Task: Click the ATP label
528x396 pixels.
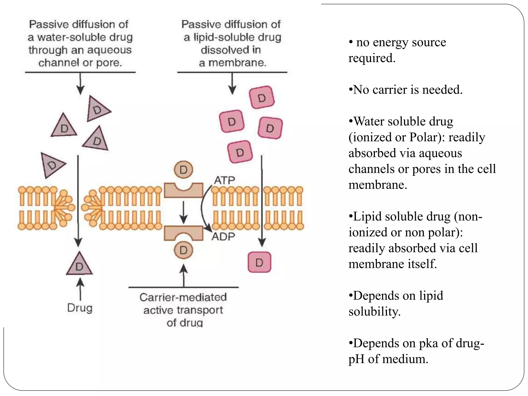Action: (x=224, y=180)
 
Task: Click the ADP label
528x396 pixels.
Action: (x=223, y=236)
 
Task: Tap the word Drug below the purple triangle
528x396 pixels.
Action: (x=80, y=308)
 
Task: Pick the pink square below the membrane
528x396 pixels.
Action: (x=259, y=262)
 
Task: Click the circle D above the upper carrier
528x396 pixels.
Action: (x=183, y=170)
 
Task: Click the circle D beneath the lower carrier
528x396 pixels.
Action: (x=183, y=250)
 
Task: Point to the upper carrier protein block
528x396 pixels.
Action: (x=183, y=191)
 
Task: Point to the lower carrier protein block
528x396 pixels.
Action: (x=183, y=233)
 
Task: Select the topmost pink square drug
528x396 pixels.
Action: (x=261, y=97)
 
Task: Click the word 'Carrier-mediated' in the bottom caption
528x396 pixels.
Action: (x=183, y=297)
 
